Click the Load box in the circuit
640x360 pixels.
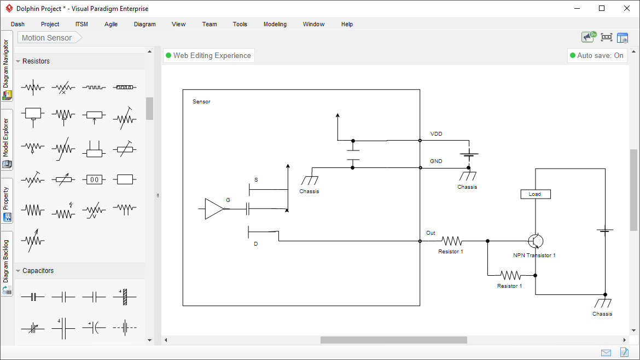(535, 194)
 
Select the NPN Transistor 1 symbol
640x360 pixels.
(536, 241)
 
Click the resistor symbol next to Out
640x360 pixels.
(452, 241)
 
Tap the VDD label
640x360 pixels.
(436, 134)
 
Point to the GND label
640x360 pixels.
(436, 161)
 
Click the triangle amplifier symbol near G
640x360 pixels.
(214, 209)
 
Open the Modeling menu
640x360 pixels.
(275, 24)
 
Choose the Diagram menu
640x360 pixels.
(144, 24)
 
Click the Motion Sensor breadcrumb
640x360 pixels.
(47, 38)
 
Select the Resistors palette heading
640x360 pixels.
(36, 61)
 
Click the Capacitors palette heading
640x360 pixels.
(38, 271)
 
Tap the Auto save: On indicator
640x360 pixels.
(596, 55)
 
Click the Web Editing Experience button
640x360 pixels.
(208, 55)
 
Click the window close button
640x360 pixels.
(627, 8)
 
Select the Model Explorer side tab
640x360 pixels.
(7, 139)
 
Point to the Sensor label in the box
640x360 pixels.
(201, 102)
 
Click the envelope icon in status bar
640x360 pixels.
(606, 352)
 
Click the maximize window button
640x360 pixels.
(602, 8)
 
